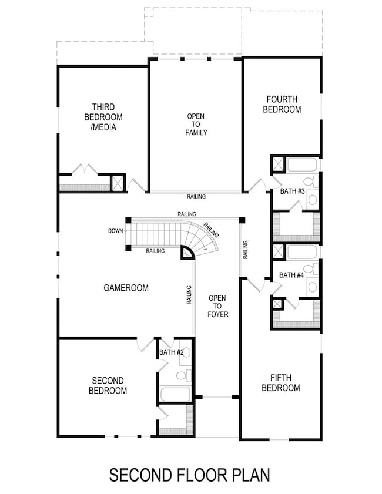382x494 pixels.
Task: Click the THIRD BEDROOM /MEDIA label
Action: pyautogui.click(x=108, y=117)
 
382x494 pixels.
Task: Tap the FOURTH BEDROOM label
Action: pyautogui.click(x=282, y=105)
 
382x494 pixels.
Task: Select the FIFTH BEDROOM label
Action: pyautogui.click(x=280, y=382)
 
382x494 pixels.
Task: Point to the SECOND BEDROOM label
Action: pyautogui.click(x=108, y=385)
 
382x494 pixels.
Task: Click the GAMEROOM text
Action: pyautogui.click(x=126, y=288)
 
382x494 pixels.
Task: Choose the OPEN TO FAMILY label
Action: pyautogui.click(x=196, y=125)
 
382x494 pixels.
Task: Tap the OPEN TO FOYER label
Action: pyautogui.click(x=217, y=306)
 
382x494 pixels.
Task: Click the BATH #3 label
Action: pyautogui.click(x=292, y=191)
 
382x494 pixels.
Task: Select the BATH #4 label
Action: pyautogui.click(x=291, y=275)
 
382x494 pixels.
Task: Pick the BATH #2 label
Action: pyautogui.click(x=171, y=352)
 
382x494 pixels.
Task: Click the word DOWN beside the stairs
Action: pyautogui.click(x=115, y=231)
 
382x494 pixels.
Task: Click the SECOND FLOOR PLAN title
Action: pyautogui.click(x=190, y=474)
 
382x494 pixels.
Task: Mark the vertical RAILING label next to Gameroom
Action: pyautogui.click(x=189, y=295)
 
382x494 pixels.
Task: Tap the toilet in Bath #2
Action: pyautogui.click(x=182, y=374)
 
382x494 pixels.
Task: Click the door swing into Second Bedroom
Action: pyautogui.click(x=143, y=345)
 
